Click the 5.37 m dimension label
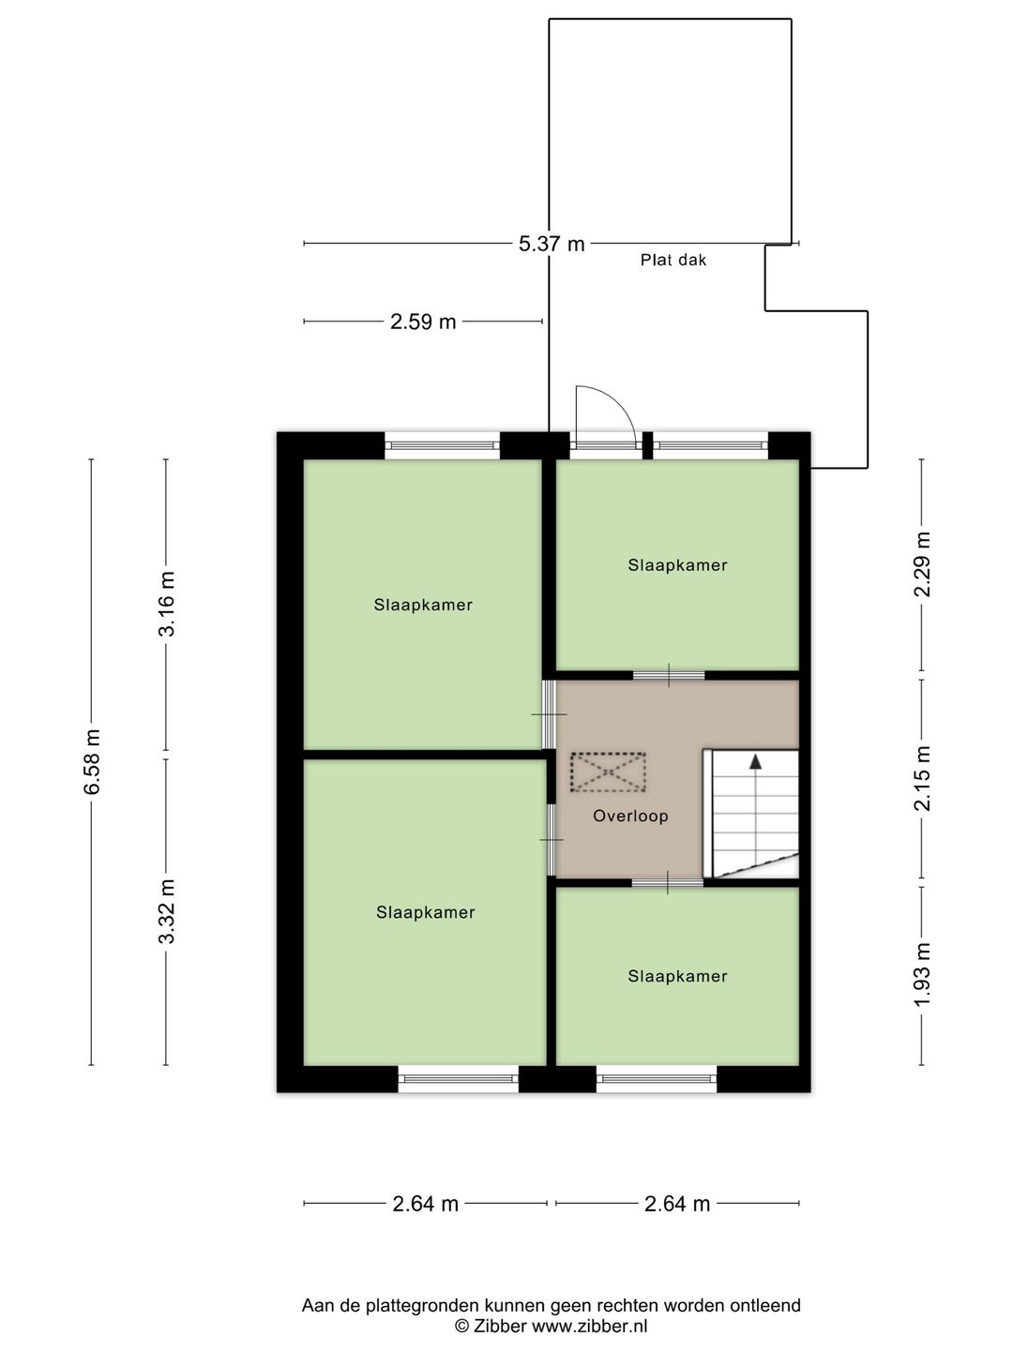coord(552,244)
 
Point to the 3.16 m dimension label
coord(166,604)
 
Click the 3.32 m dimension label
coord(166,911)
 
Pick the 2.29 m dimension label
coord(922,564)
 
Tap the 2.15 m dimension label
coord(922,778)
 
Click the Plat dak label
coord(673,261)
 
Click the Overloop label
coord(630,816)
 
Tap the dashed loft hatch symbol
coord(608,772)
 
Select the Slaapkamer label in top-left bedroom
coord(423,605)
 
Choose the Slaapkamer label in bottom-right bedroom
coord(677,976)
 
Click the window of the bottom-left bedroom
coord(459,1079)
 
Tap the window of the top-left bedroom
coord(442,446)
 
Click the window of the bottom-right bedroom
coord(657,1079)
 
